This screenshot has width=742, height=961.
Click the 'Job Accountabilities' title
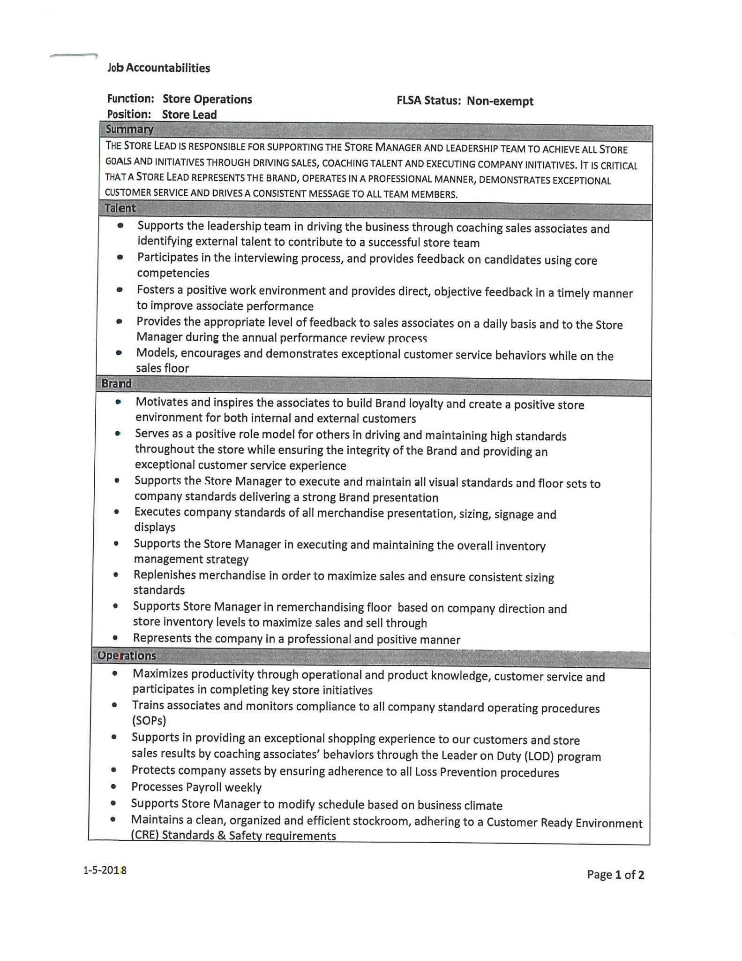(x=159, y=68)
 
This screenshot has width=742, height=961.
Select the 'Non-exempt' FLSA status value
(x=500, y=101)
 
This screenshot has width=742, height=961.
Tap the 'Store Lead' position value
(x=189, y=114)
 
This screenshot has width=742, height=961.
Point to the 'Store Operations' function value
(x=207, y=99)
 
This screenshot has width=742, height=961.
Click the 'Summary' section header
(x=129, y=130)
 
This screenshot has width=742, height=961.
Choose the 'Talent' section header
(x=120, y=208)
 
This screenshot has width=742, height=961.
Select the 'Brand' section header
(x=116, y=383)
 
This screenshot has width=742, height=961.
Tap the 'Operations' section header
(x=127, y=656)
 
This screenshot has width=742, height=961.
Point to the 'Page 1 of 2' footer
(x=615, y=874)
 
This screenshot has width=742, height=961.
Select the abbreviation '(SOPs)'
(x=149, y=721)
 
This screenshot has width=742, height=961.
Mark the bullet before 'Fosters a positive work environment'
(x=120, y=290)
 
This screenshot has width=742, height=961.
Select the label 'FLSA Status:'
(x=429, y=101)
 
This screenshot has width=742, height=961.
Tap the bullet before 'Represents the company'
(x=115, y=638)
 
